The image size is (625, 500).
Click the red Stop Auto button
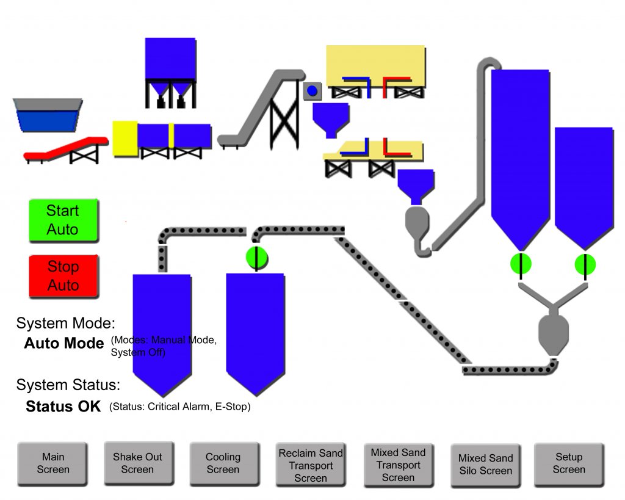(63, 276)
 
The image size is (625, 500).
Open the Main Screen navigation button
(53, 463)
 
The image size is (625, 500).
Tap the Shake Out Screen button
(137, 463)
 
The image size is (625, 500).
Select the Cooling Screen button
(223, 463)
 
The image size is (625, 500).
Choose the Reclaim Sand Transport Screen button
(311, 465)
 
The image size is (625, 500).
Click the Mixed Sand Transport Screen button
(398, 465)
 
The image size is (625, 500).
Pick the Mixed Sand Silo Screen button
(485, 465)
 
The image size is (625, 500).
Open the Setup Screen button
(569, 463)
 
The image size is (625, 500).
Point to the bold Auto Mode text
(64, 343)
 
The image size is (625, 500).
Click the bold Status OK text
(63, 407)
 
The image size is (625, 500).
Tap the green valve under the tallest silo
(521, 264)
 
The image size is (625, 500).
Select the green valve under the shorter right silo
(585, 264)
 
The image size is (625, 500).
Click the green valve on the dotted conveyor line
(256, 257)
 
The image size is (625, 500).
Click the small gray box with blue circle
(312, 91)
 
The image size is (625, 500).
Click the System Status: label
(68, 385)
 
